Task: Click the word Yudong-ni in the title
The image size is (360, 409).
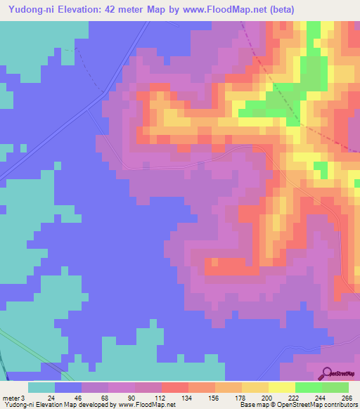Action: click(28, 9)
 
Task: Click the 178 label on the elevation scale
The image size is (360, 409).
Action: click(241, 398)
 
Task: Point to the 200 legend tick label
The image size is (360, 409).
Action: click(268, 398)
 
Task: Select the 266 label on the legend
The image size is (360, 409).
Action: click(348, 398)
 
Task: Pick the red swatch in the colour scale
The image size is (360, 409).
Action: click(174, 387)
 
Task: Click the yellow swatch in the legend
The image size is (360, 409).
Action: click(281, 387)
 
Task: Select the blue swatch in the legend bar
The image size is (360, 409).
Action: click(67, 387)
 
